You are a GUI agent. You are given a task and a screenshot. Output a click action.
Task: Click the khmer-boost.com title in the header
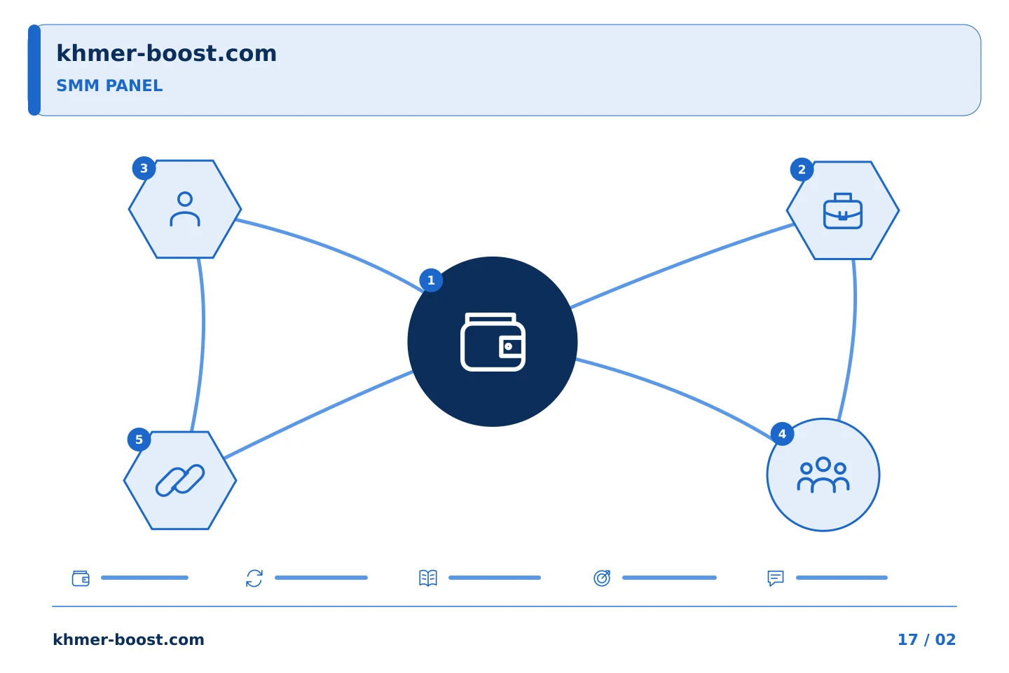coord(166,53)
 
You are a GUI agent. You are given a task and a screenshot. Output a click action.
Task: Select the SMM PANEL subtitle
coord(109,86)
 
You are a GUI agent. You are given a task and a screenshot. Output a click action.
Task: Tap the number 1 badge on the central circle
coord(431,280)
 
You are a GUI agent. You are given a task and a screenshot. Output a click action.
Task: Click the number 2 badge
coord(802,170)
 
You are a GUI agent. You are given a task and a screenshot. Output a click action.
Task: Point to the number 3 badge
coord(144,168)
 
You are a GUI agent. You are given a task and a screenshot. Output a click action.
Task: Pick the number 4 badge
coord(783,434)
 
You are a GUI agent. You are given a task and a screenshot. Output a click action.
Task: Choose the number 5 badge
coord(139,440)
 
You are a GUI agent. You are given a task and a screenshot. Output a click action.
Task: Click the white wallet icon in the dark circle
coord(493,341)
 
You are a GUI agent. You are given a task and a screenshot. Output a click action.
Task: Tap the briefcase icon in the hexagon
coord(843,211)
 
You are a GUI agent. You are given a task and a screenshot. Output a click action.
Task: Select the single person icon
coord(185,209)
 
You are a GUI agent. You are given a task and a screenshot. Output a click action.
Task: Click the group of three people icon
coord(823,475)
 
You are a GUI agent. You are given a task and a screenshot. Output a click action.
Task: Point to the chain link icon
coord(180,480)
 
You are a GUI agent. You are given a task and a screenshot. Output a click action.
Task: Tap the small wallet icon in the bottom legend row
coord(81,578)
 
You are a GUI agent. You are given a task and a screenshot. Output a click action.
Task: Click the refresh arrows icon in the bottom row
coord(254,578)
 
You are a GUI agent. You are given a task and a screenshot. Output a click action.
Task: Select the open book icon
coord(428,578)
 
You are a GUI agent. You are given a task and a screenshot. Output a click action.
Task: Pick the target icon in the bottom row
coord(602,578)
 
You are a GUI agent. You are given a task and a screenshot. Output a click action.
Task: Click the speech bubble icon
coord(776,578)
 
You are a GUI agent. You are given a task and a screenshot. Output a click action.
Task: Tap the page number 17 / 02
coord(926,639)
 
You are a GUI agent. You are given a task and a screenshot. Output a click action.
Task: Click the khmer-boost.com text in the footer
coord(128,639)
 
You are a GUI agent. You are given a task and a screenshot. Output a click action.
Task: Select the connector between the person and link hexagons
coord(203,345)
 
